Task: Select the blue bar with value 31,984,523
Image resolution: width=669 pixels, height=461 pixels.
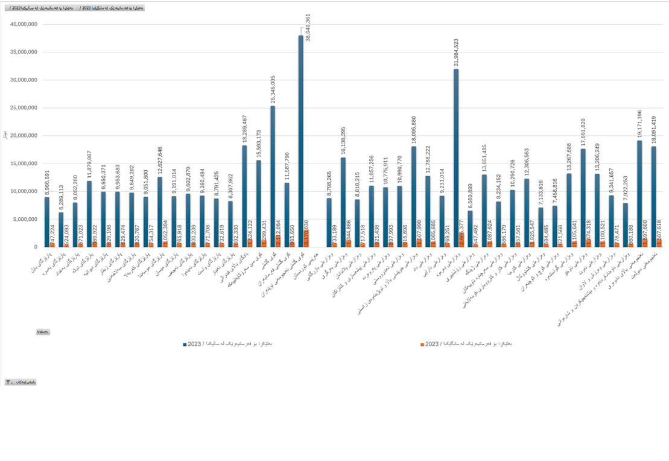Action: coord(456,157)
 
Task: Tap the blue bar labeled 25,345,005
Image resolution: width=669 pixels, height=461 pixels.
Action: coord(273,175)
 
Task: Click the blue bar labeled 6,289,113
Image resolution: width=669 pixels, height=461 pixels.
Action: coord(61,229)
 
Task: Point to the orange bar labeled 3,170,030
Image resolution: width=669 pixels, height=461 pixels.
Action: coord(306,238)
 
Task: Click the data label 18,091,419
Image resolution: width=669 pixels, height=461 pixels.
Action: coord(654,130)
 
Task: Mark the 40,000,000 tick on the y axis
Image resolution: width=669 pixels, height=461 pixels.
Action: coord(24,24)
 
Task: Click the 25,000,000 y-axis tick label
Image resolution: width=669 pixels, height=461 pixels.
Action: coord(24,108)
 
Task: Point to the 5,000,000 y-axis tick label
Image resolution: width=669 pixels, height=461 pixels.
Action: coord(26,220)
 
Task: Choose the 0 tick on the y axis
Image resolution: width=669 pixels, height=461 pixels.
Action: coord(36,247)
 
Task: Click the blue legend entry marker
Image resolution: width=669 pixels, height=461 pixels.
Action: coord(185,345)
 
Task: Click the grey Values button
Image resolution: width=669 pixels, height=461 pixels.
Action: coord(43,332)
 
